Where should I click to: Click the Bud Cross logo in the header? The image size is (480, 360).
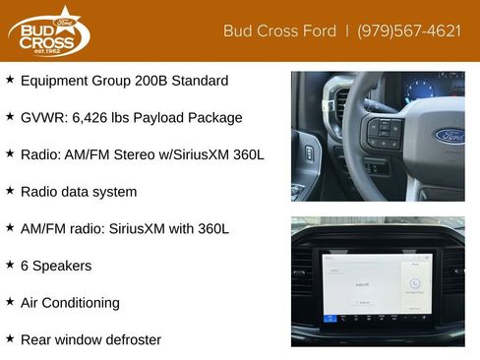[49, 31]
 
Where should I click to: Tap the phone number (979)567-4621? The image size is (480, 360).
[409, 31]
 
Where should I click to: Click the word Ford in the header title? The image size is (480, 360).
[320, 31]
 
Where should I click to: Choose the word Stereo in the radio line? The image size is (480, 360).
[134, 154]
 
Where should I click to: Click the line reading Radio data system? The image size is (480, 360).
[79, 192]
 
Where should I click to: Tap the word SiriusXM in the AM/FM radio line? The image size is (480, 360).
[137, 229]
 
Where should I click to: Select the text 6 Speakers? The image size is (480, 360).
[56, 266]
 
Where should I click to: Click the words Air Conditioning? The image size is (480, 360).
[70, 303]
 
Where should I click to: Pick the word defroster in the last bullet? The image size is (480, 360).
[134, 340]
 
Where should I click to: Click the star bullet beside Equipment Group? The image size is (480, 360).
[10, 79]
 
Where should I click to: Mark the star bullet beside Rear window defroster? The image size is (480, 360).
[10, 338]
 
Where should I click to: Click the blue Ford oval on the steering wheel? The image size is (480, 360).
[450, 136]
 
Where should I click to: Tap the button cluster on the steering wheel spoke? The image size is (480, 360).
[384, 133]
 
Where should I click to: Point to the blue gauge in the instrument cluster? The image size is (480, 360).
[420, 90]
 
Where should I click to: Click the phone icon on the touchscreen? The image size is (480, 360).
[415, 283]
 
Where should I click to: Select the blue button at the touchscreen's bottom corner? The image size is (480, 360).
[330, 318]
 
